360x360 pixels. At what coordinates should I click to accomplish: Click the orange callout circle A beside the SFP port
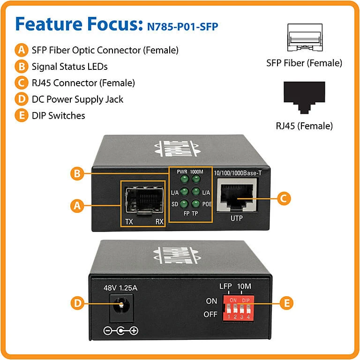point(78,205)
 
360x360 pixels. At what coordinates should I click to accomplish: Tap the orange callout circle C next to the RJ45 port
point(282,198)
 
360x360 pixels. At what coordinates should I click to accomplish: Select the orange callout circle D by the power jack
point(78,303)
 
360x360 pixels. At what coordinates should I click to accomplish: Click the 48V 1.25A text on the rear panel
point(120,288)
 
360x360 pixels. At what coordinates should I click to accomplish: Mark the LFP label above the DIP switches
point(226,286)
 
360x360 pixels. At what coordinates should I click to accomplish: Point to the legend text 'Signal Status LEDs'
point(69,66)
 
